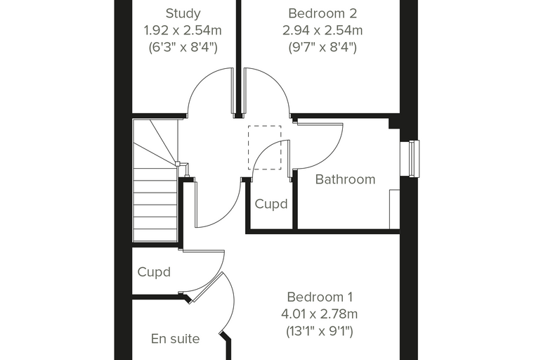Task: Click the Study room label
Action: [183, 13]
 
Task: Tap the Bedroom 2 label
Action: [323, 13]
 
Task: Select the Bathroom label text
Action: [345, 179]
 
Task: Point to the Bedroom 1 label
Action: [320, 297]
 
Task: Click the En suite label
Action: [175, 339]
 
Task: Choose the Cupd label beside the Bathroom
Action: [271, 204]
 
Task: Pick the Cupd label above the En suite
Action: [154, 272]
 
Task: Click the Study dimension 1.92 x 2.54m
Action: [183, 30]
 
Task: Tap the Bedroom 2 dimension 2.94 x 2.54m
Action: [323, 30]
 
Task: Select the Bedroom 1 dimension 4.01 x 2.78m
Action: [320, 314]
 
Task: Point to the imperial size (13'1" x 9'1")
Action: [320, 330]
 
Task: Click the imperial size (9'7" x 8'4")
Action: [323, 47]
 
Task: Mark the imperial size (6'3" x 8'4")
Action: [183, 47]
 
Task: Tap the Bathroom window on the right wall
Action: [410, 158]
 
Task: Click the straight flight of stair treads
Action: [155, 205]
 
